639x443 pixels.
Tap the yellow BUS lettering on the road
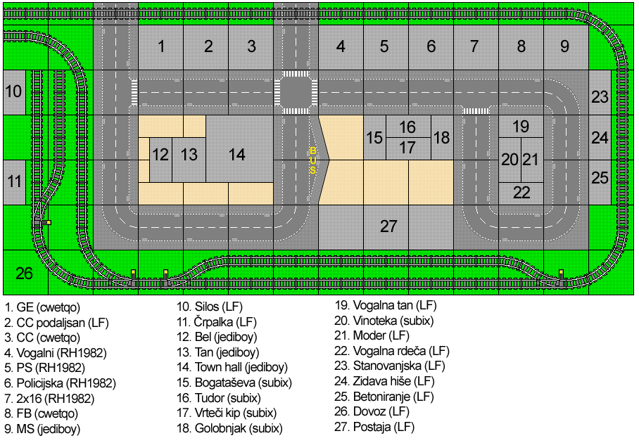click(x=312, y=160)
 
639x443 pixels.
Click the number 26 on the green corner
click(x=24, y=273)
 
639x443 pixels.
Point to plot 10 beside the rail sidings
click(x=14, y=92)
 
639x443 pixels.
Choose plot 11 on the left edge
click(x=14, y=182)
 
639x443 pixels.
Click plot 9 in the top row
click(x=566, y=48)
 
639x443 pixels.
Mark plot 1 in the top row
click(x=161, y=48)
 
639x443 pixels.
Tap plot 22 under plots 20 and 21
click(x=521, y=193)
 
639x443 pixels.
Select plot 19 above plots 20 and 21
click(x=521, y=127)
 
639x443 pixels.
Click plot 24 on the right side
click(x=600, y=138)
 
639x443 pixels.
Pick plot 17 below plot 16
click(x=408, y=148)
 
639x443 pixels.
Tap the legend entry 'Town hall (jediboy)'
click(x=241, y=368)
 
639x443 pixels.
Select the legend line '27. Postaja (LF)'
click(x=374, y=427)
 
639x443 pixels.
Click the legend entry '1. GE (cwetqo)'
click(x=42, y=307)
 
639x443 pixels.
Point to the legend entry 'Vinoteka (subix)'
click(x=393, y=321)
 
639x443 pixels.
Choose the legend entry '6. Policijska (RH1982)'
click(x=61, y=383)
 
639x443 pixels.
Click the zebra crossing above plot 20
click(x=476, y=111)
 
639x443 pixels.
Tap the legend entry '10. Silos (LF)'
click(x=210, y=307)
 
